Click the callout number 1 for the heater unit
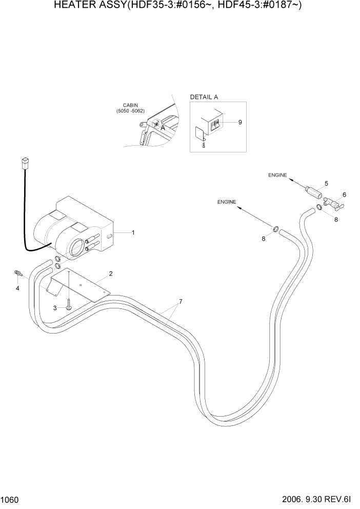[x=133, y=233]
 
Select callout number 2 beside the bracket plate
[x=110, y=273]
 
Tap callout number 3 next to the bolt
[x=55, y=307]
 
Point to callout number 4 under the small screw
[x=17, y=288]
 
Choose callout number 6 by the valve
[x=344, y=194]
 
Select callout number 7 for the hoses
[x=180, y=301]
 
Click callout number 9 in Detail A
[x=239, y=122]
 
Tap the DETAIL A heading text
[x=204, y=97]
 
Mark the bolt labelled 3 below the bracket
[x=69, y=307]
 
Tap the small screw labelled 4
[x=18, y=273]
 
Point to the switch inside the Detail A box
[x=217, y=124]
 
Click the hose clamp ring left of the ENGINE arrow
[x=276, y=229]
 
